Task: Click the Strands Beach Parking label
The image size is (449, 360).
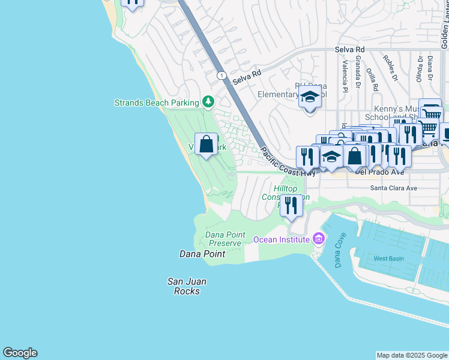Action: point(157,103)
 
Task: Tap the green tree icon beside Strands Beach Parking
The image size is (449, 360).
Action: point(208,102)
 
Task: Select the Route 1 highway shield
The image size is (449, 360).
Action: point(222,75)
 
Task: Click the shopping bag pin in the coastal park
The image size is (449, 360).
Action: point(206,145)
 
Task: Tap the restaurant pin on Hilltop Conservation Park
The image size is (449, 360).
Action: point(291,206)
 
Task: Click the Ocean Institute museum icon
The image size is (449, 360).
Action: point(319,239)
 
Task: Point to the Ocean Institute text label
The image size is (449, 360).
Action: point(281,239)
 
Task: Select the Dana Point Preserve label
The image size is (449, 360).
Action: point(223,239)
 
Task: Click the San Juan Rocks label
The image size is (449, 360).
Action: point(183,286)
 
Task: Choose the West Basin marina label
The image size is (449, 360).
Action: point(388,259)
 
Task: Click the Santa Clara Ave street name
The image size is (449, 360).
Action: point(393,188)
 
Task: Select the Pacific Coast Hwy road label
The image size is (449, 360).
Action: point(288,163)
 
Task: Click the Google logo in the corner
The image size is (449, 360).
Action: point(20,353)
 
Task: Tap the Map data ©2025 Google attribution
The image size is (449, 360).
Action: point(411,355)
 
